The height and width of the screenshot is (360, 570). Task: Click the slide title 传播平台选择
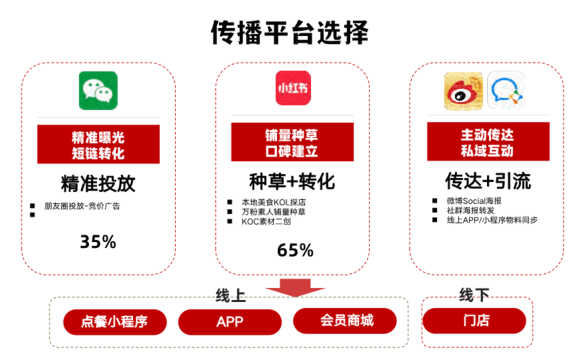coord(290,32)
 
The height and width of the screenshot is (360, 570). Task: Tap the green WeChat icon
coord(98,91)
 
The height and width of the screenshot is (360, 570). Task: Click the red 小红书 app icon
coord(293,88)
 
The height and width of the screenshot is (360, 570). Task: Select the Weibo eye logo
coord(463,91)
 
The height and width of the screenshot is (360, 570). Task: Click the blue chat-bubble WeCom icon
coord(506,90)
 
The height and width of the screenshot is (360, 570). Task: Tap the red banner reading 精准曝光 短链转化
coord(98,144)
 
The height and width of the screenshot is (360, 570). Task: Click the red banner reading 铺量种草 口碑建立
coord(292,142)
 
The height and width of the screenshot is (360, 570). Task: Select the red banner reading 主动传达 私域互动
coord(488,141)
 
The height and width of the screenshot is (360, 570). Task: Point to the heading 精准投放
coord(98,183)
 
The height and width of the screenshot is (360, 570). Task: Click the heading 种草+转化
coord(292,181)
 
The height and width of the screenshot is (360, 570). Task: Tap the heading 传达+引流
coord(488,181)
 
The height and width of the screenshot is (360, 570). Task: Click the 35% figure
coord(98,242)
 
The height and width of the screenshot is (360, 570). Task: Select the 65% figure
coord(295,250)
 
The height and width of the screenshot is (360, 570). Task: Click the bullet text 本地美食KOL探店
coord(274,202)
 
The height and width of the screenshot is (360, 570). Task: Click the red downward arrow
coord(295,288)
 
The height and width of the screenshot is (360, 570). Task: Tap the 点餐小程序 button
coord(115,322)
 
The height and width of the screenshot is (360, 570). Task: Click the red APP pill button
coord(230,322)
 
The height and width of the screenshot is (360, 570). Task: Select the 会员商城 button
coord(345,321)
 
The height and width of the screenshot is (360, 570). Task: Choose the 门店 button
coord(474,321)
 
